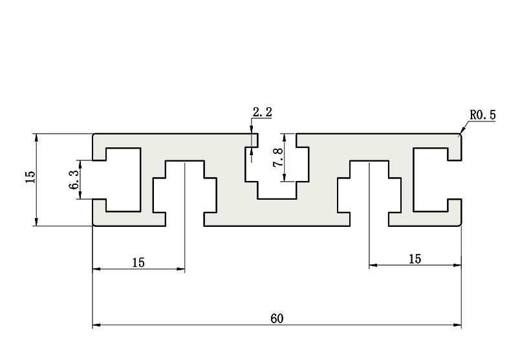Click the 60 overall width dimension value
(277, 319)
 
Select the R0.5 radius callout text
(482, 115)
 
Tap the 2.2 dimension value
(263, 112)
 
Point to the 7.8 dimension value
(278, 158)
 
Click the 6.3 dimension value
(74, 179)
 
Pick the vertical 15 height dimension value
(30, 177)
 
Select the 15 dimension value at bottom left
(138, 262)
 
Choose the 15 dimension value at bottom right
(415, 259)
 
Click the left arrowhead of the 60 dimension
(96, 325)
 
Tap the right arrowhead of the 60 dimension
(458, 325)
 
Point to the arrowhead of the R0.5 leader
(460, 133)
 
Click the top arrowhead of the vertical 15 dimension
(36, 138)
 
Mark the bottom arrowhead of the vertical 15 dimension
(36, 222)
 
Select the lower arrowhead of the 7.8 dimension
(284, 178)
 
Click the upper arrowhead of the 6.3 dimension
(80, 164)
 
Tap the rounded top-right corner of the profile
(460, 135)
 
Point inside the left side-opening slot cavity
(123, 180)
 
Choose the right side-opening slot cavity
(431, 180)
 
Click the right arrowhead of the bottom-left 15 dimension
(181, 269)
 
